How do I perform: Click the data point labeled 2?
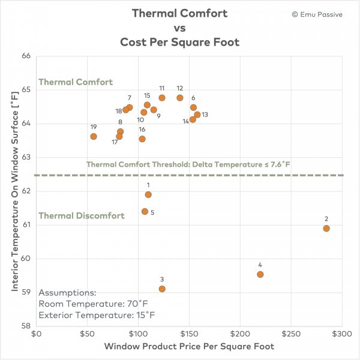point(326,228)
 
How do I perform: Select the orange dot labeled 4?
point(260,274)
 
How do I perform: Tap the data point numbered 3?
point(162,289)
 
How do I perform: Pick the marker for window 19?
point(94,136)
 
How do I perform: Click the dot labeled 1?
point(148,194)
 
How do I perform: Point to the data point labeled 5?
point(145,211)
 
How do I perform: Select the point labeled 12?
point(180,98)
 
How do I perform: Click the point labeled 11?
point(162,98)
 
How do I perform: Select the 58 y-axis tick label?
point(26,326)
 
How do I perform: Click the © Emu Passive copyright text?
point(317,14)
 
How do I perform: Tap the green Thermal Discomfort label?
point(82,215)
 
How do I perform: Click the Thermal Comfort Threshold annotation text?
point(188,164)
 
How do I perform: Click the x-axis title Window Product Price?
point(188,347)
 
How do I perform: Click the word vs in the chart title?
point(181,28)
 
